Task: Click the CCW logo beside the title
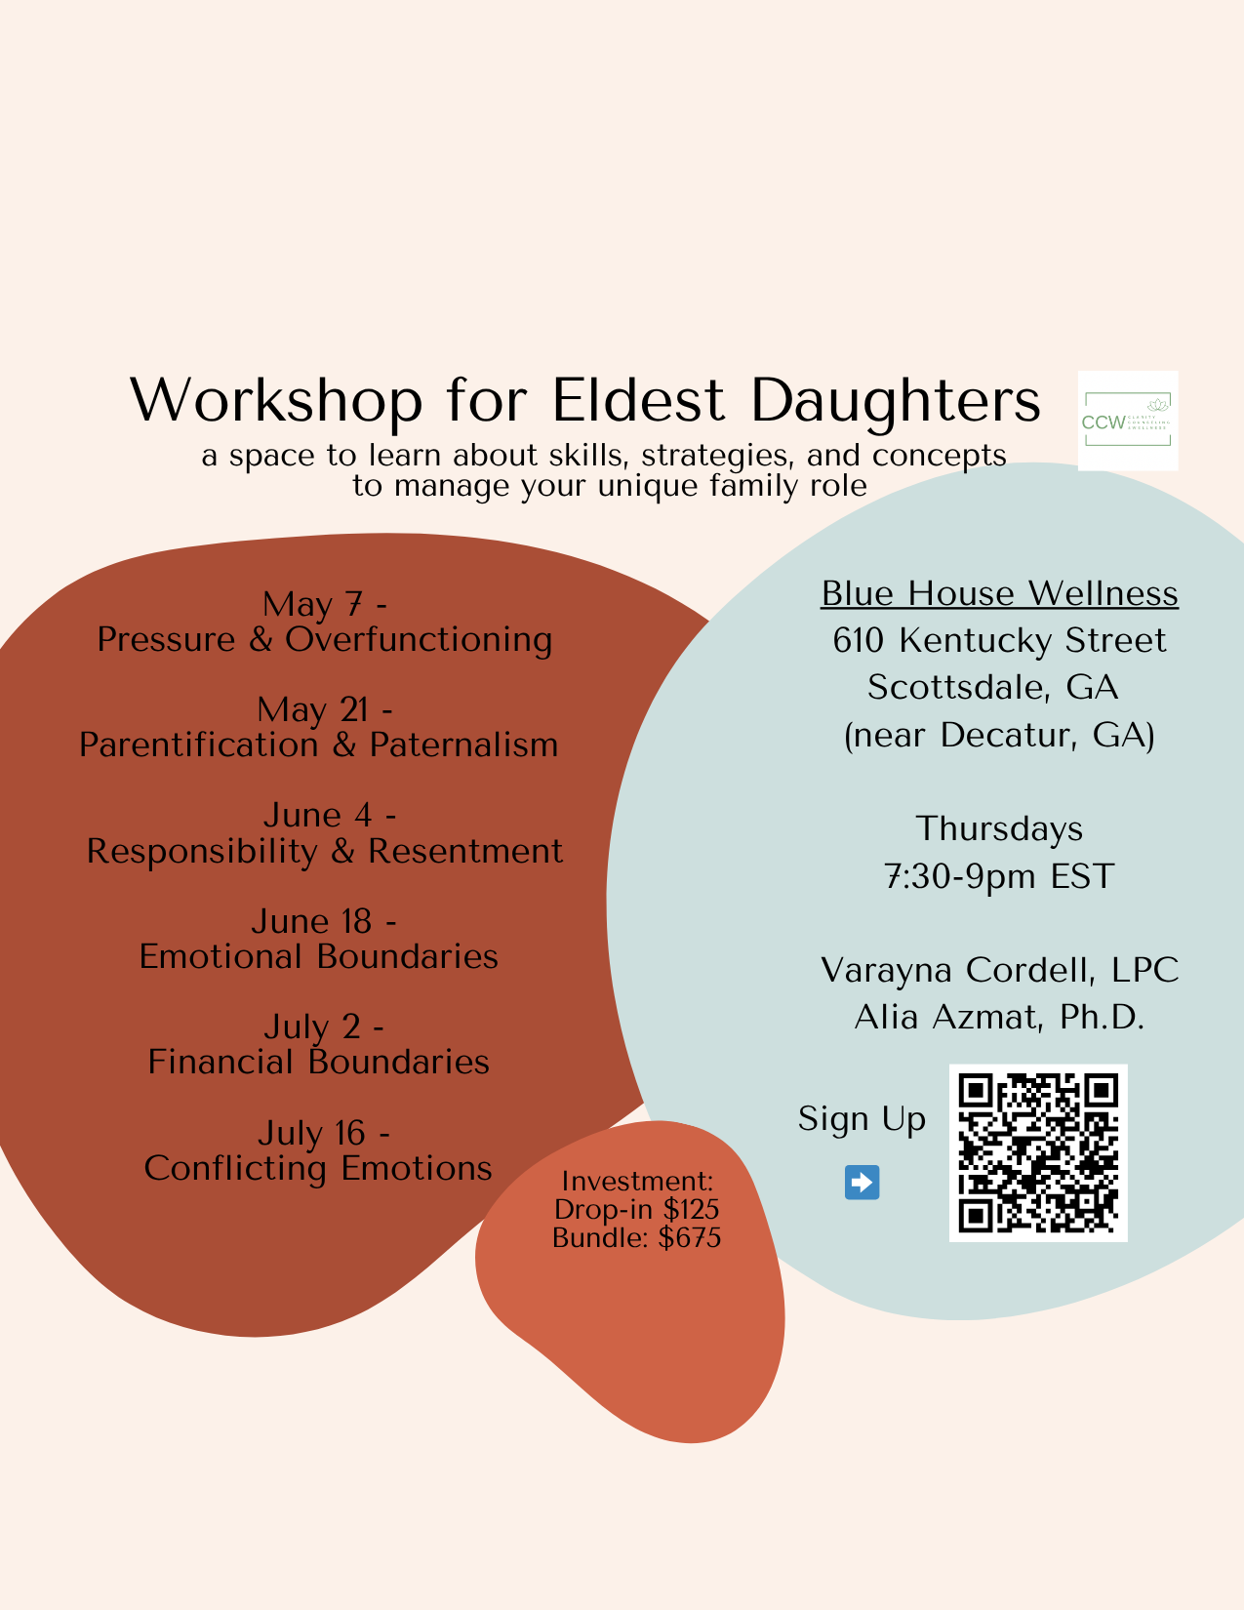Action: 1128,421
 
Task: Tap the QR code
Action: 1038,1152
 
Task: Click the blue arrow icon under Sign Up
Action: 862,1183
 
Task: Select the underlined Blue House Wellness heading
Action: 999,593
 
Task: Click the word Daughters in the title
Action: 896,400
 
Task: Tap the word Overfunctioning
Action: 419,639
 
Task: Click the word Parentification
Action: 199,745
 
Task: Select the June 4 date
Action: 318,815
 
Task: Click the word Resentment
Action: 465,851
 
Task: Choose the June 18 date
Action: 312,921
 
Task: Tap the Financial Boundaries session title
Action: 318,1062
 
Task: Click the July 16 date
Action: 312,1133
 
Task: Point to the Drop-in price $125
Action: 691,1210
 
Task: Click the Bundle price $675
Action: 690,1238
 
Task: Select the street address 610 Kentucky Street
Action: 999,640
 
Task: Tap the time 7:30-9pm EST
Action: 999,876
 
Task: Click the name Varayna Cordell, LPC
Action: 999,970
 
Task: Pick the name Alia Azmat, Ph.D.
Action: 999,1018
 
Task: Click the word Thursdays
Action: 999,828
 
